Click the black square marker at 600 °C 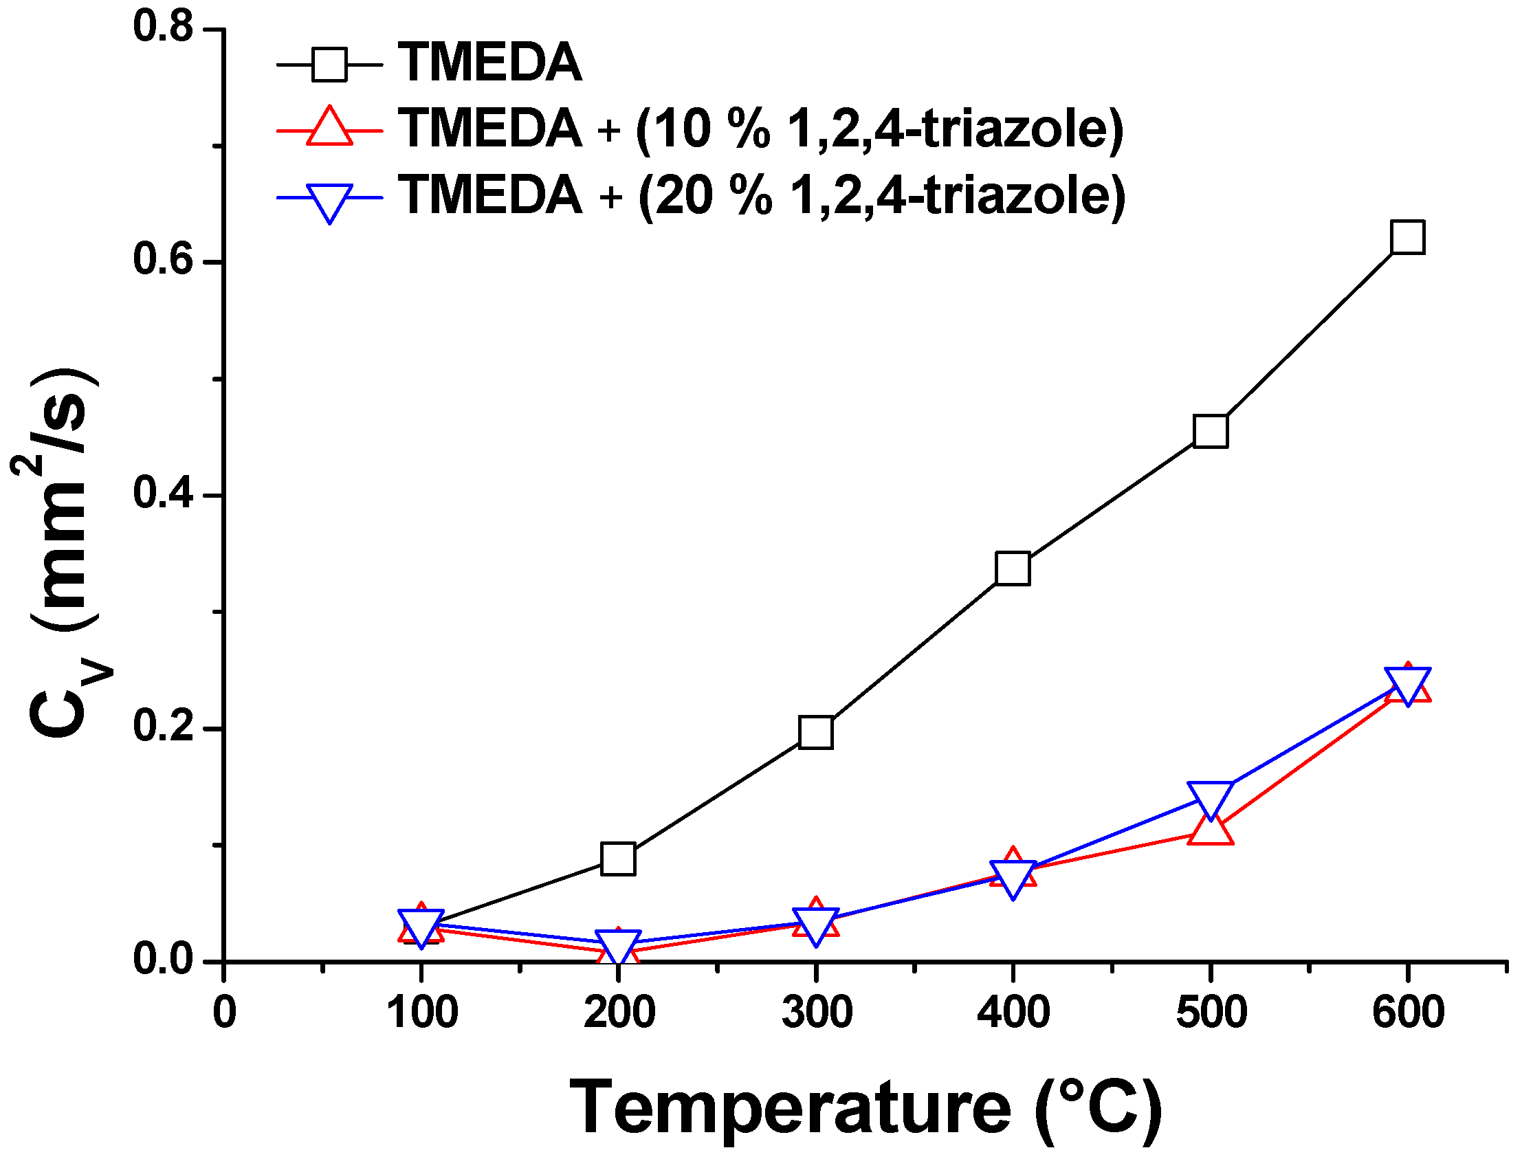click(1407, 237)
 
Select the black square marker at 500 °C click(1210, 432)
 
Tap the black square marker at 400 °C click(1013, 569)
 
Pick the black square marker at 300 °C click(815, 732)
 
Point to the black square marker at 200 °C click(618, 859)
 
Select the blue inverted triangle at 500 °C click(1211, 797)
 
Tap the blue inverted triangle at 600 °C click(1407, 683)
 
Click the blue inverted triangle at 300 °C click(815, 924)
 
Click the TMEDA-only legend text click(490, 63)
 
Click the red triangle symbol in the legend click(330, 129)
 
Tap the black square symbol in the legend click(330, 64)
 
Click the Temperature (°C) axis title click(865, 1108)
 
